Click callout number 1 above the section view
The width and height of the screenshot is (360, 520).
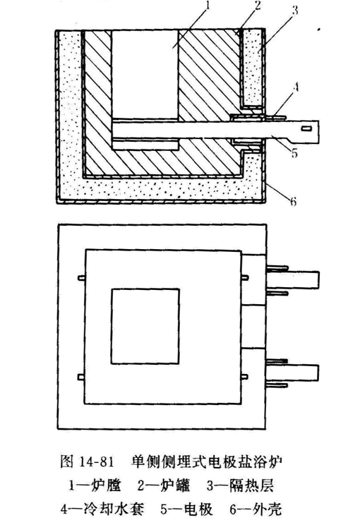tap(208, 6)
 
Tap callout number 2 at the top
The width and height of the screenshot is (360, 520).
tap(258, 6)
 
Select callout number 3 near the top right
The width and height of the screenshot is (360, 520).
tap(294, 11)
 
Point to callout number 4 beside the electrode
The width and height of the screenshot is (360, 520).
tap(296, 87)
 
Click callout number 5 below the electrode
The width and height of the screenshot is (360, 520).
tap(294, 153)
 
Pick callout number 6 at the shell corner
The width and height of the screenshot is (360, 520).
tap(293, 201)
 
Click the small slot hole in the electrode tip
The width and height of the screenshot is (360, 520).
tap(307, 128)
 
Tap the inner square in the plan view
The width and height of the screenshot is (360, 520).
tap(145, 326)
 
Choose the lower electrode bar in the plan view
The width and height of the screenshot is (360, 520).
tap(292, 373)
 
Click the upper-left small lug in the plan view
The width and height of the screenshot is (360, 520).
tap(82, 277)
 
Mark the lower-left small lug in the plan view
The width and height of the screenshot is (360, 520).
tap(82, 376)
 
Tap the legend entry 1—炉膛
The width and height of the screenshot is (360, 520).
tap(95, 486)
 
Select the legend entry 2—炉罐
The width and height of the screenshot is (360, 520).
tap(164, 486)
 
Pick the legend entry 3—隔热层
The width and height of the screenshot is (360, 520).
tap(241, 486)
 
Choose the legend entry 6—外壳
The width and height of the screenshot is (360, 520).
tap(256, 509)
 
